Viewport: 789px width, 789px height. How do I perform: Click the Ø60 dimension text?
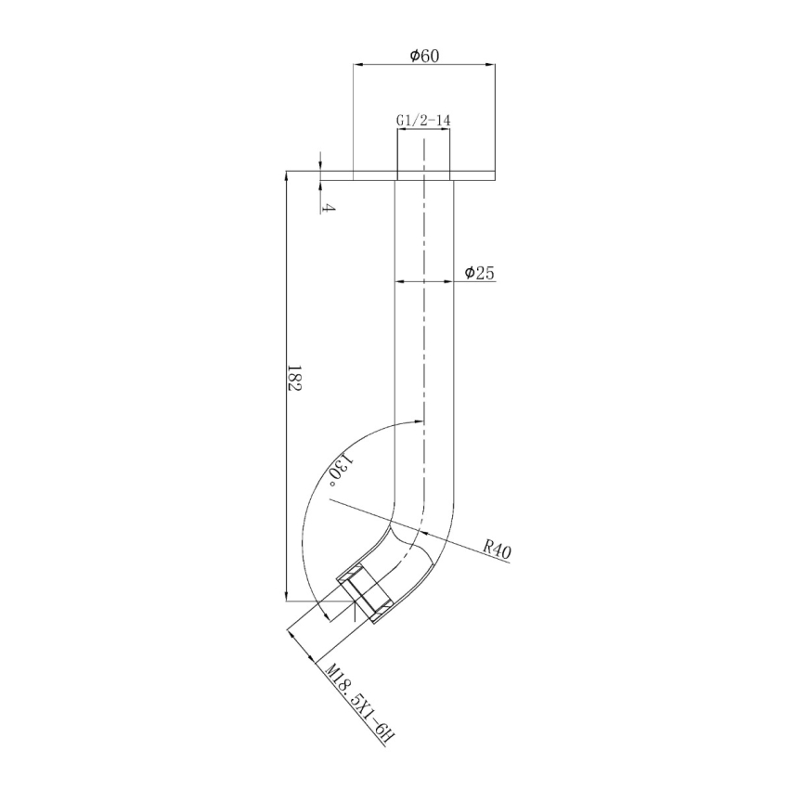pyautogui.click(x=423, y=56)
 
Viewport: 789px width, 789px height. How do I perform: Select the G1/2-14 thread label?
pyautogui.click(x=423, y=121)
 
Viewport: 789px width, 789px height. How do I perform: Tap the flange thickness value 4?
pyautogui.click(x=328, y=206)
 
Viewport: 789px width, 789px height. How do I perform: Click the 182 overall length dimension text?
pyautogui.click(x=295, y=378)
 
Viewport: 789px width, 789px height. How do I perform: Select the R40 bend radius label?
pyautogui.click(x=498, y=549)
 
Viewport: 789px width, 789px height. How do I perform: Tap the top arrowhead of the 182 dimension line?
pyautogui.click(x=286, y=176)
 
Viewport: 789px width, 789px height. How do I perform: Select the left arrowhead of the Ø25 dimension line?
pyautogui.click(x=399, y=280)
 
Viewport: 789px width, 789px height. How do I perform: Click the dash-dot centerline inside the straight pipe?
pyautogui.click(x=423, y=325)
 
